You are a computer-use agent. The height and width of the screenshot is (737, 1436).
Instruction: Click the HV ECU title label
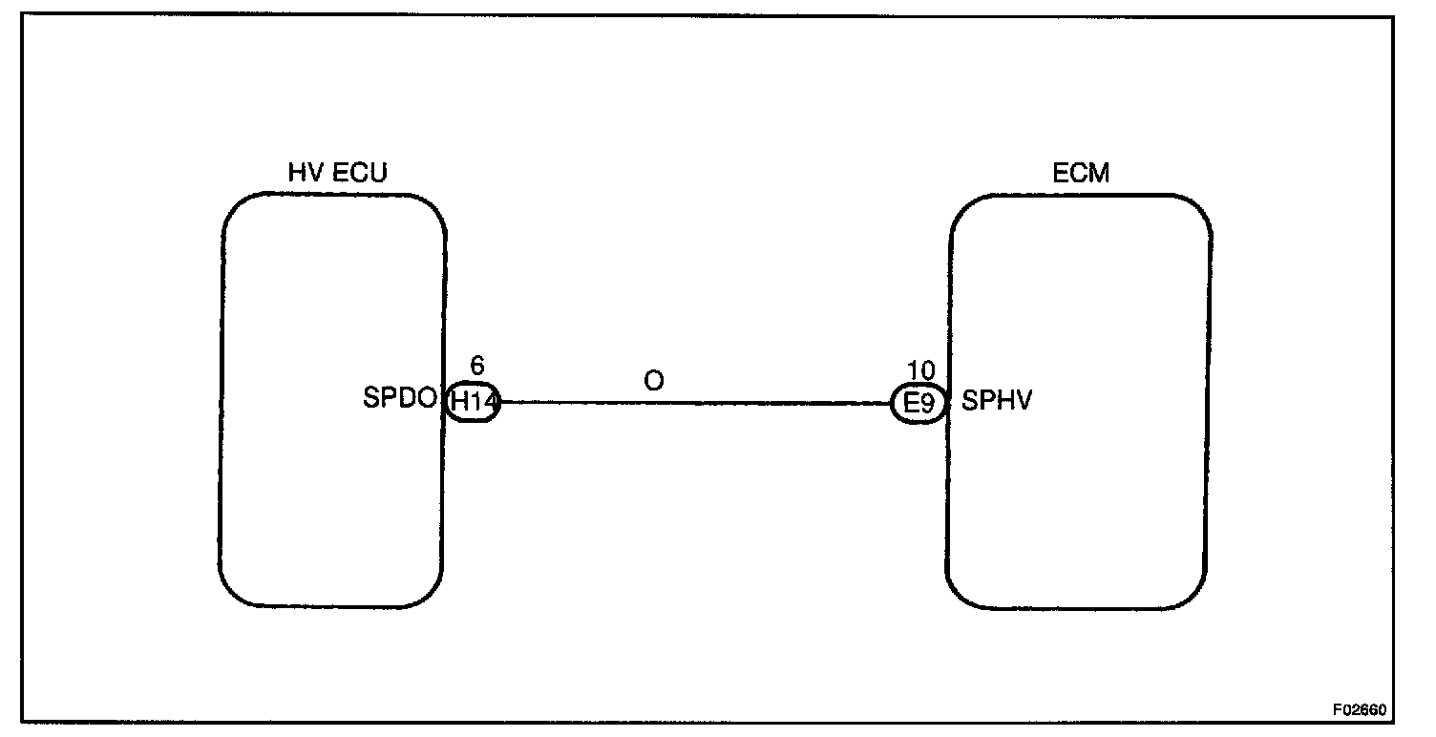(338, 173)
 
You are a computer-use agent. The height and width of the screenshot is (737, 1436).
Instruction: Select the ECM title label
(1081, 173)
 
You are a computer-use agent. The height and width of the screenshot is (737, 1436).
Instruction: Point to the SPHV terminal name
(997, 401)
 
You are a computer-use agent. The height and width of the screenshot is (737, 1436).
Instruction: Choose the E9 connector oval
(918, 404)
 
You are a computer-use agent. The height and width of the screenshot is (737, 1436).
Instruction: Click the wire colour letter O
(653, 381)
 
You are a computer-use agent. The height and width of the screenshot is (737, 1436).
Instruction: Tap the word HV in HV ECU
(305, 173)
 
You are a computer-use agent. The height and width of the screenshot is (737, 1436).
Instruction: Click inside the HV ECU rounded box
(332, 286)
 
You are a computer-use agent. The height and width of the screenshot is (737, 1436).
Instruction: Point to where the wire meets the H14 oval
(499, 403)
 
